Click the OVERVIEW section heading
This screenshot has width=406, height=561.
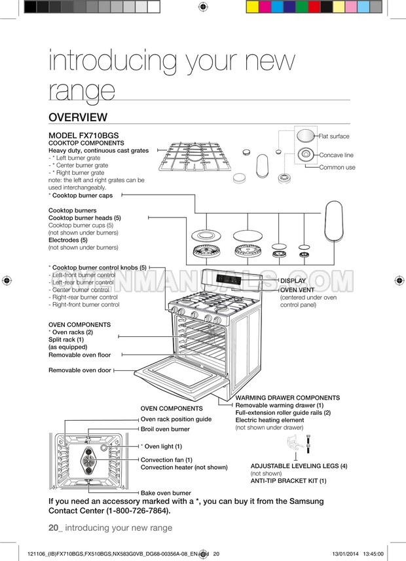(77, 117)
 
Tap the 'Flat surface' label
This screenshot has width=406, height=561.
(334, 136)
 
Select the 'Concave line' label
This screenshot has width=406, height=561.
(336, 155)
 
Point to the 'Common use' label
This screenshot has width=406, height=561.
(337, 168)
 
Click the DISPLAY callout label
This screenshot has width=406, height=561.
(293, 280)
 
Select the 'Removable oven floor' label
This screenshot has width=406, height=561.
(79, 355)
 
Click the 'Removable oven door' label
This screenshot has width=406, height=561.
(79, 370)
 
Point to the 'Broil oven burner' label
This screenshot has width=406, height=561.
(165, 429)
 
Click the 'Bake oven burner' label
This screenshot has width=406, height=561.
(166, 493)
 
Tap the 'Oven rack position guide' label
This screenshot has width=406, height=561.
(176, 419)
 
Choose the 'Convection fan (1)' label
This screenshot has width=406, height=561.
(166, 459)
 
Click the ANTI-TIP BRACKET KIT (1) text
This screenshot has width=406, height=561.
(288, 481)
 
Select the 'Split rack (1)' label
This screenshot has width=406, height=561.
(66, 339)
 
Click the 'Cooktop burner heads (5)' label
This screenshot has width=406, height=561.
(84, 218)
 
